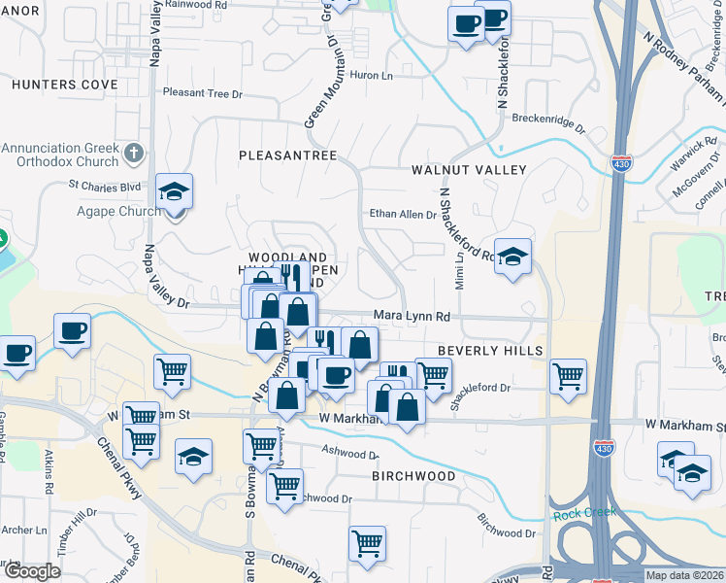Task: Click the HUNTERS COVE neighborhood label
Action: pos(65,85)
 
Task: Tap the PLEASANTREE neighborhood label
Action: pos(287,155)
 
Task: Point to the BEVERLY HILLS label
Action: pos(487,350)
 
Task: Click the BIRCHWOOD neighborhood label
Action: pos(414,476)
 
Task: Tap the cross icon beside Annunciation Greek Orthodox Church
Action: pos(134,153)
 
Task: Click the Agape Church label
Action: pos(120,211)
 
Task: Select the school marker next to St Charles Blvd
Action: pos(175,191)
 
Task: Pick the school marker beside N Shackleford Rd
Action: pos(513,257)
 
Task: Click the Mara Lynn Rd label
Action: pos(412,317)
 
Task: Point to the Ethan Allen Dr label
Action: pos(403,214)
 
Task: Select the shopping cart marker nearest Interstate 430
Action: pos(568,376)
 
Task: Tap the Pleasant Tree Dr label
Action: pos(202,93)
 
